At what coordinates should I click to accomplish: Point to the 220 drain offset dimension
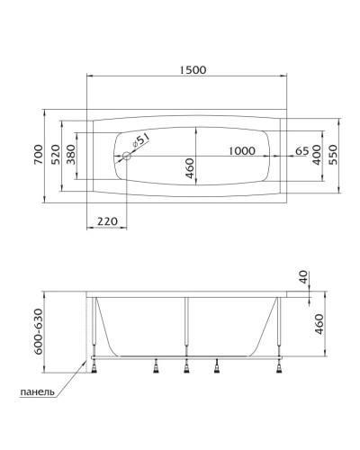coord(107,220)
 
